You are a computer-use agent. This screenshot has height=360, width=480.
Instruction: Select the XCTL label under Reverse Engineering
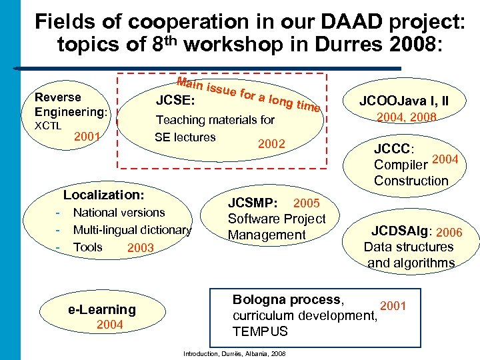coord(48,125)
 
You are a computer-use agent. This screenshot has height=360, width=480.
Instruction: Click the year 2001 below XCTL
coord(87,137)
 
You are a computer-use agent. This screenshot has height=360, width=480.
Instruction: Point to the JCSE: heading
coord(175,101)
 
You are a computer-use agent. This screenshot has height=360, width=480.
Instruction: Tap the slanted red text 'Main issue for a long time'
coord(249,96)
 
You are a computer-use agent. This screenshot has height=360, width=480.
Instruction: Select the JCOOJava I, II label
coord(404,101)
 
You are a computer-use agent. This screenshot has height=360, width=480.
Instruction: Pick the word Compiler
coord(401,165)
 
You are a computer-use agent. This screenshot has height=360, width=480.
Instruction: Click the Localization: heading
coord(103,195)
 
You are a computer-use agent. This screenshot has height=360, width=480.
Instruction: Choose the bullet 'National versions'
coord(119,213)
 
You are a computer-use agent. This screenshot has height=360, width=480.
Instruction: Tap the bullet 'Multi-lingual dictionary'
coord(132,230)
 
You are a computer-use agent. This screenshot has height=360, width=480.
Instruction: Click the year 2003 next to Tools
coord(140,248)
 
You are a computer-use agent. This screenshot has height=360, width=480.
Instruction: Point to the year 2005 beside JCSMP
coord(307,203)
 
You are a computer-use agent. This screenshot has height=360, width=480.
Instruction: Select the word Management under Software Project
coord(266,235)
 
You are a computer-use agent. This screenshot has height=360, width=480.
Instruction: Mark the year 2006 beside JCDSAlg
coord(449,232)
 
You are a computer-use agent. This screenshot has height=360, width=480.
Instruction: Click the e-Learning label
coord(102,309)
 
